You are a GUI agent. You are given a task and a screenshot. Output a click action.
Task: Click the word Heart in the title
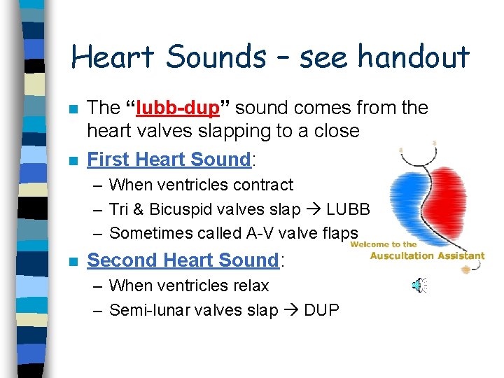pyautogui.click(x=113, y=56)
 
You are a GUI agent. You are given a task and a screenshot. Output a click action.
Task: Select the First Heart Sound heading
pyautogui.click(x=169, y=160)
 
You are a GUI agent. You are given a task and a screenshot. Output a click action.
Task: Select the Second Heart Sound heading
pyautogui.click(x=183, y=260)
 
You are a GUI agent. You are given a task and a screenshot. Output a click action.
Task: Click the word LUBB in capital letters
pyautogui.click(x=348, y=209)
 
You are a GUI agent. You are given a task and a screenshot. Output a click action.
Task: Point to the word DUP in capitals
pyautogui.click(x=321, y=310)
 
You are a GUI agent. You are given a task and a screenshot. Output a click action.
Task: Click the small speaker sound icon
pyautogui.click(x=419, y=284)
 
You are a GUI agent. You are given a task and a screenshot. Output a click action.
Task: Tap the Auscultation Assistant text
pyautogui.click(x=427, y=255)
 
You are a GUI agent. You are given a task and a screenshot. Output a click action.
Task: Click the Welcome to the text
pyautogui.click(x=384, y=244)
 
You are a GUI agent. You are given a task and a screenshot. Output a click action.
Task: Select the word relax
pyautogui.click(x=249, y=286)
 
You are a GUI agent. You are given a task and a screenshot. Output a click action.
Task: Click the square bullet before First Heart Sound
pyautogui.click(x=73, y=160)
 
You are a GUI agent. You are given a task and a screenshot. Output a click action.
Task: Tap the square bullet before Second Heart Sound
pyautogui.click(x=73, y=261)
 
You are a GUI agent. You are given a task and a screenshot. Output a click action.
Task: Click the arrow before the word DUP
pyautogui.click(x=291, y=310)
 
